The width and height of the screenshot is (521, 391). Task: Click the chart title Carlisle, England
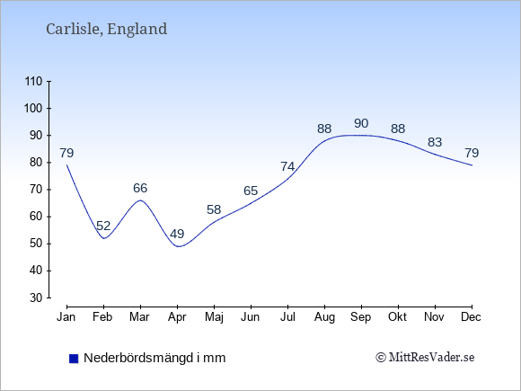coord(106,29)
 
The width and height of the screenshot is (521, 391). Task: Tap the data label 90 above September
coord(361,123)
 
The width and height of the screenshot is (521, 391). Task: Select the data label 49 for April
coord(177,234)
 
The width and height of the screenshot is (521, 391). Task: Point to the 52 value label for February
coord(103,227)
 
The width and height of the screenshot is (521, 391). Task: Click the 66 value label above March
coord(140,188)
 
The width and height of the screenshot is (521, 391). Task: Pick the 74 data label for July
coord(287,166)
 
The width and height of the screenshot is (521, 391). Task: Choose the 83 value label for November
coord(435,142)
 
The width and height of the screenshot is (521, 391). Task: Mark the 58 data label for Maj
coord(214,209)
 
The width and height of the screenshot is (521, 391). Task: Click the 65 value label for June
coord(251,191)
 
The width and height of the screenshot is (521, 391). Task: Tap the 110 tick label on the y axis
coord(33,82)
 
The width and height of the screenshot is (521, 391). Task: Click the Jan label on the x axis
coord(66,317)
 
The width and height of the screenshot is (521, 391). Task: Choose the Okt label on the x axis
coord(397,317)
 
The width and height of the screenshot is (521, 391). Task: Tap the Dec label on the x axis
coord(472,317)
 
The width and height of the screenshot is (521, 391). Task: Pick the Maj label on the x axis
coord(214,317)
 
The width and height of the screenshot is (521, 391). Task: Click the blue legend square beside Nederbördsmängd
coord(74,359)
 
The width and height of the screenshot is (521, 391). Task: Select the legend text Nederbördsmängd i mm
coord(155,358)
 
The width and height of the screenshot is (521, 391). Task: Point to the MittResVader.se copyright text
coord(425,358)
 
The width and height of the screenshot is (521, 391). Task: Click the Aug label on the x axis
coord(324,317)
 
